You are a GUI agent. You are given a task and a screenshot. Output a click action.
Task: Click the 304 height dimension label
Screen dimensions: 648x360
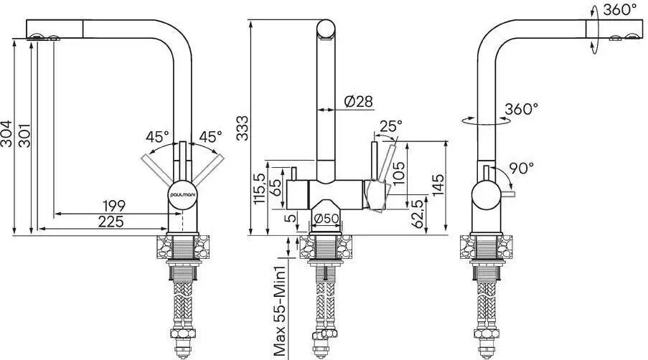6,134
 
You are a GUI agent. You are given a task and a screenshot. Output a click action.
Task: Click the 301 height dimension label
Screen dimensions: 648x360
24,135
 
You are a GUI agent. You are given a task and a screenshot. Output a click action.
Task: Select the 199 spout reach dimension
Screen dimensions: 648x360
114,205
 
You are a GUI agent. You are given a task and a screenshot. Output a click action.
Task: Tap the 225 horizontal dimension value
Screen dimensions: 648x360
111,222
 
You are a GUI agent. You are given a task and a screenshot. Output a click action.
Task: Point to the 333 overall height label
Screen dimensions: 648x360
243,128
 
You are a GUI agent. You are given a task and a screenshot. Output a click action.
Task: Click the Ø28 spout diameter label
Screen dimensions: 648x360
358,101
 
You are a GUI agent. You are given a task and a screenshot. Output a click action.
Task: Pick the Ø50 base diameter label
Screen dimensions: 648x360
327,219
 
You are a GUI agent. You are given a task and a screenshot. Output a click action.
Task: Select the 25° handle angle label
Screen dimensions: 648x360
391,126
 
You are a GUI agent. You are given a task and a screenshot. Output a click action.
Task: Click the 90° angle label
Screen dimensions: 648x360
521,168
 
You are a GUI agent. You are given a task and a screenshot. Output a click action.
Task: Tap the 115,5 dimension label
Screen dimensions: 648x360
259,189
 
